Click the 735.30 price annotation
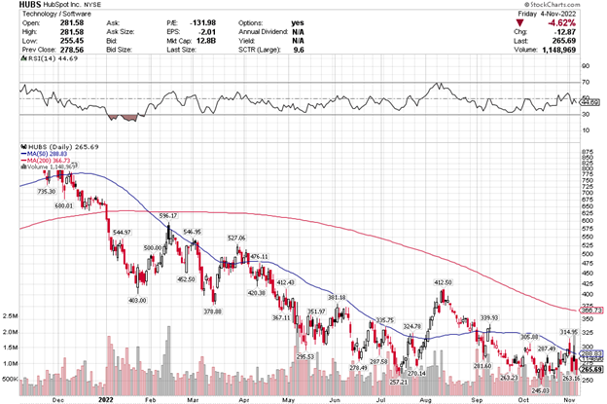coord(48,192)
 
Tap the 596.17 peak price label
coord(168,215)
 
